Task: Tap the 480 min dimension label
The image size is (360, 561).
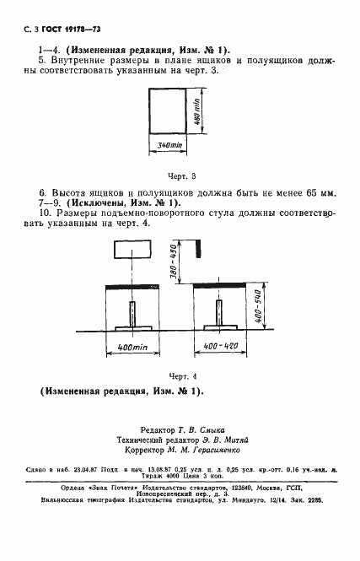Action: pyautogui.click(x=196, y=111)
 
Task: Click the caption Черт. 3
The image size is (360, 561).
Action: pyautogui.click(x=182, y=176)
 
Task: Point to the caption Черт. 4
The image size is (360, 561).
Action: pyautogui.click(x=182, y=375)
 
